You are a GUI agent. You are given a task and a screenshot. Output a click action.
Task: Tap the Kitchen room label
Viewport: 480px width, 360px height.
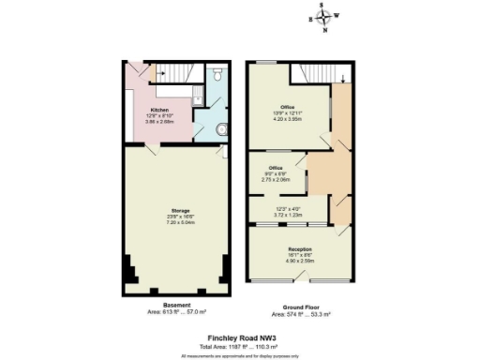[x=159, y=109]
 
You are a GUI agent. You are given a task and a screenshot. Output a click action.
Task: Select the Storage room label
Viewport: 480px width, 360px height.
[x=181, y=210]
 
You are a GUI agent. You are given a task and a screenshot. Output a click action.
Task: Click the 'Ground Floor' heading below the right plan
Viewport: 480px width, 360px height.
[x=298, y=306]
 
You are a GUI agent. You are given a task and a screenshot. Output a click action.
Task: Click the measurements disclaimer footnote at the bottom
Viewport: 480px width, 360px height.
[x=240, y=355]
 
